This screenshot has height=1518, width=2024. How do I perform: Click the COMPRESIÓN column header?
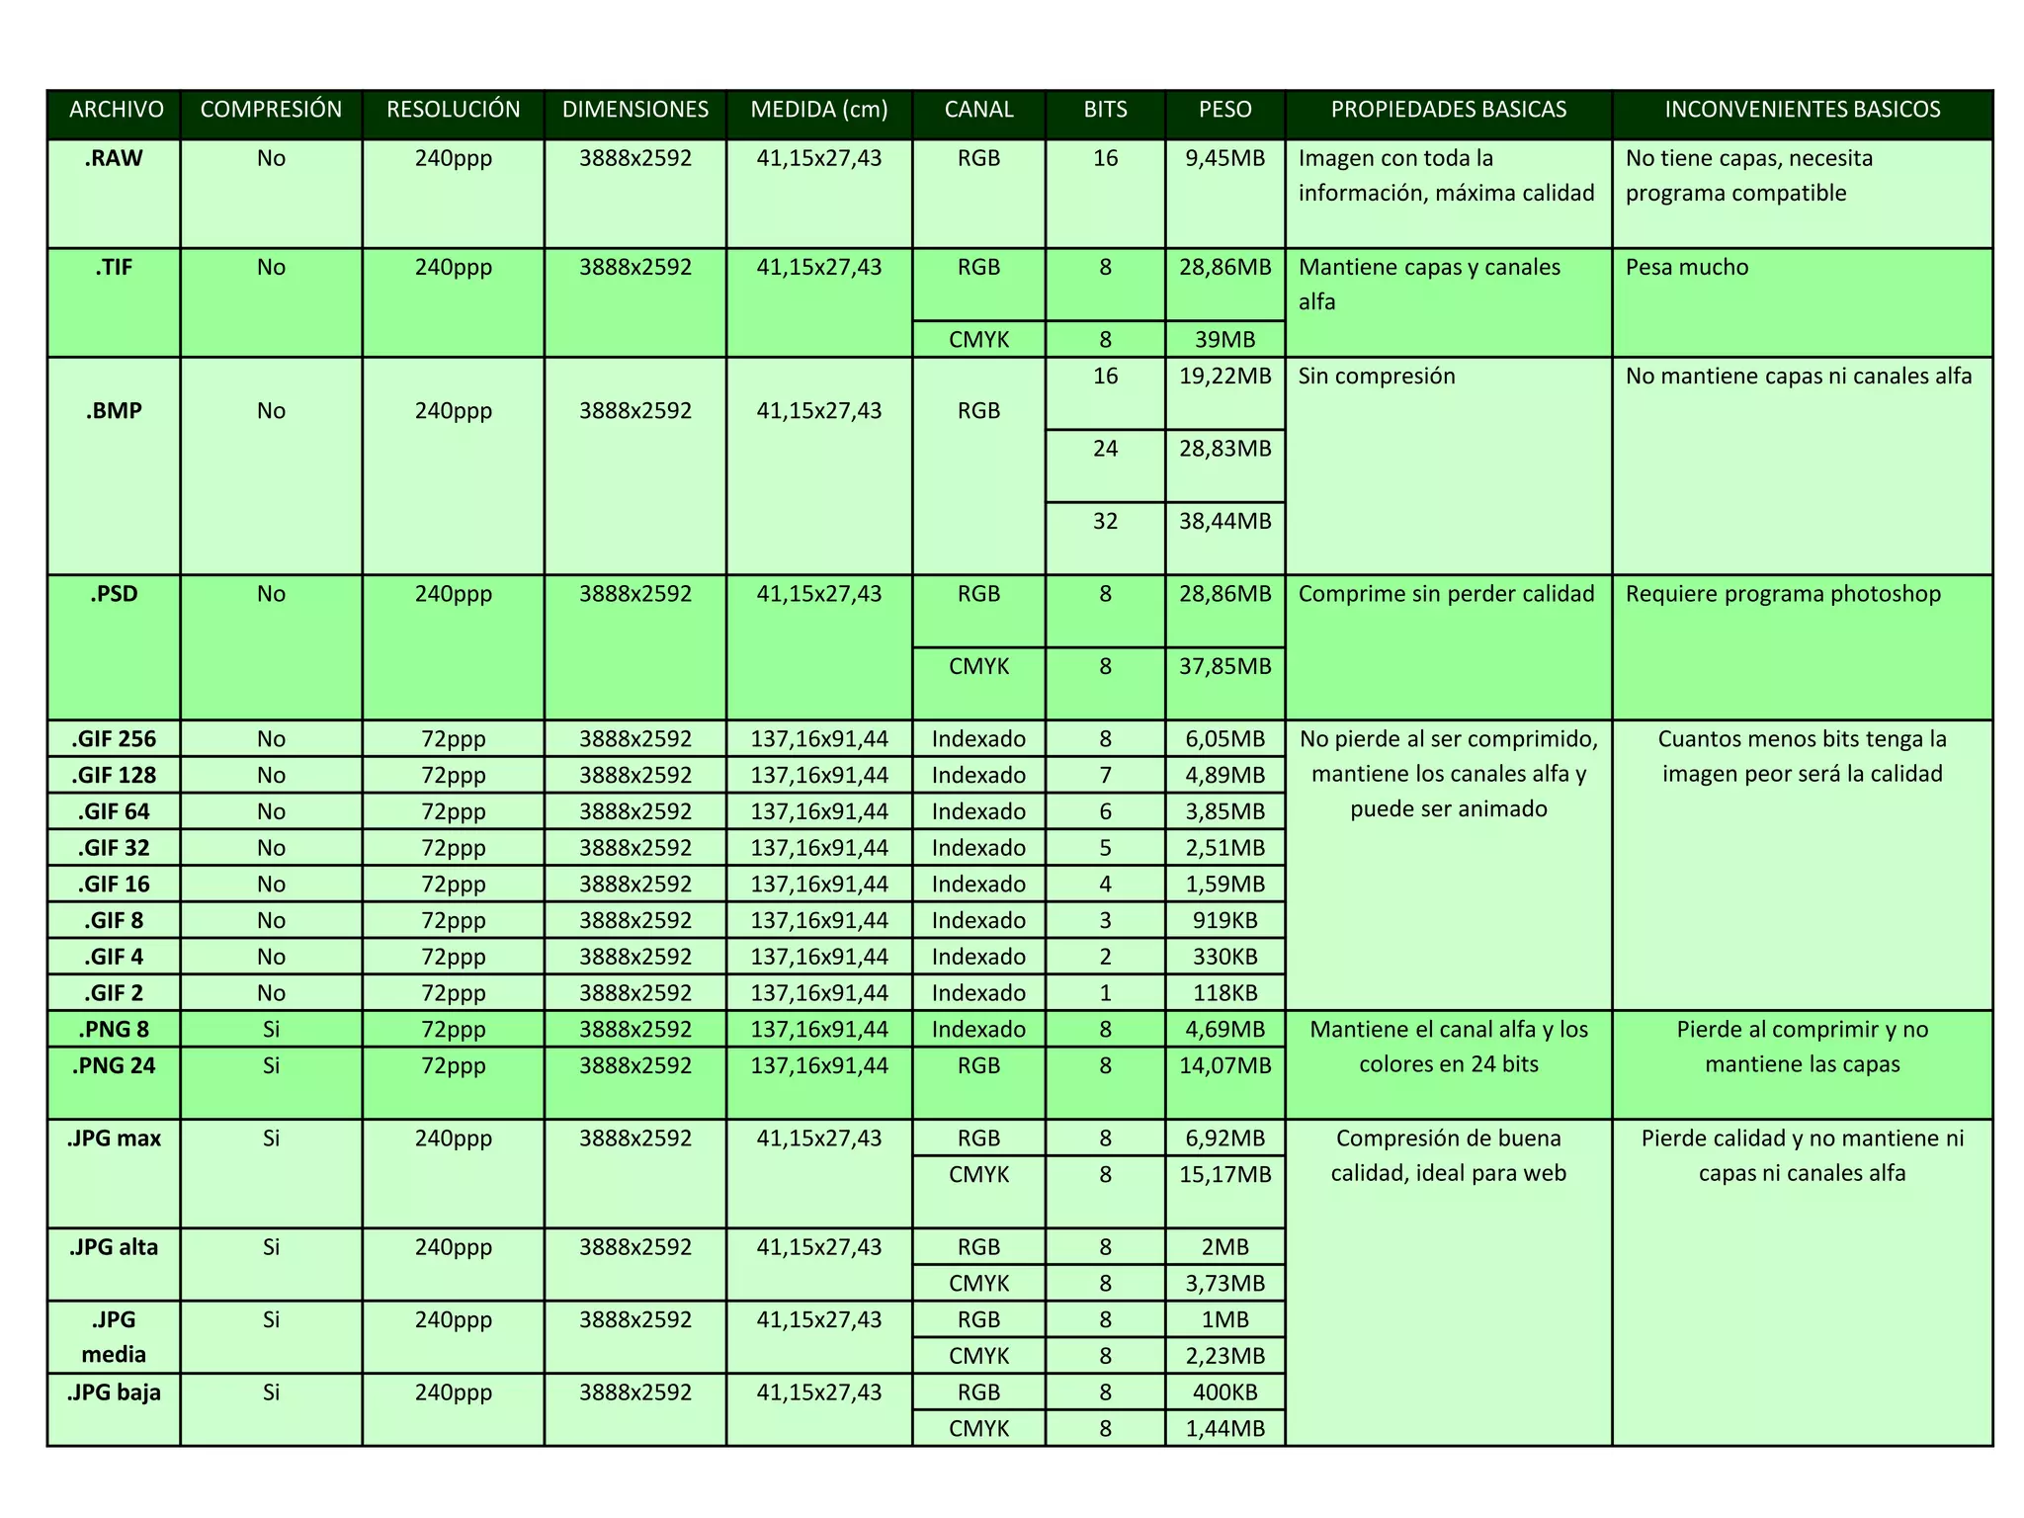click(x=271, y=110)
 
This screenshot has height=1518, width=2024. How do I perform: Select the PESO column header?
click(x=1224, y=110)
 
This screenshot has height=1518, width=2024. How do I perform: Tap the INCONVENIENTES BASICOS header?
click(x=1802, y=110)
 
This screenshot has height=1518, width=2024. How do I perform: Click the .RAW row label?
click(x=114, y=159)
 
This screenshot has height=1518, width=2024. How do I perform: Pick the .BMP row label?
click(x=114, y=411)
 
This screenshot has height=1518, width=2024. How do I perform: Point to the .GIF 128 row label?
click(x=114, y=776)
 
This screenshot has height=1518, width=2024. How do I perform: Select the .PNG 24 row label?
click(x=114, y=1066)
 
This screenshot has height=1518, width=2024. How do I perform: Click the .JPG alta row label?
click(x=114, y=1247)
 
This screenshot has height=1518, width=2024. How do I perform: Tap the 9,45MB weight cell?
click(x=1224, y=159)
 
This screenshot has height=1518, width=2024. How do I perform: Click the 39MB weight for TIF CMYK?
click(x=1224, y=340)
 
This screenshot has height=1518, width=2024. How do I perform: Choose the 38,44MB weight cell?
click(x=1224, y=522)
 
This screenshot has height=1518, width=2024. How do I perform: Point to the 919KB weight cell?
click(x=1224, y=921)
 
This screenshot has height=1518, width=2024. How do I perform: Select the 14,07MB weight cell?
click(x=1224, y=1066)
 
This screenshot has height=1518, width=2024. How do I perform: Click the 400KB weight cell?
click(x=1224, y=1392)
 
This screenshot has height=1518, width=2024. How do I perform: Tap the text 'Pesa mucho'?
click(x=1686, y=268)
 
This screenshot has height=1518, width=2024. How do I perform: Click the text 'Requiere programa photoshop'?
click(x=1783, y=595)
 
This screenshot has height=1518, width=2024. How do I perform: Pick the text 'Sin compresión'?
click(x=1376, y=377)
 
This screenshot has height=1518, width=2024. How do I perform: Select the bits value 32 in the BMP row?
click(x=1105, y=522)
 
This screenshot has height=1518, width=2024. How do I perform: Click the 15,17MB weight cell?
click(x=1224, y=1175)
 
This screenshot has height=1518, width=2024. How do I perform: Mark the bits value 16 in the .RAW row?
click(x=1105, y=159)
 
